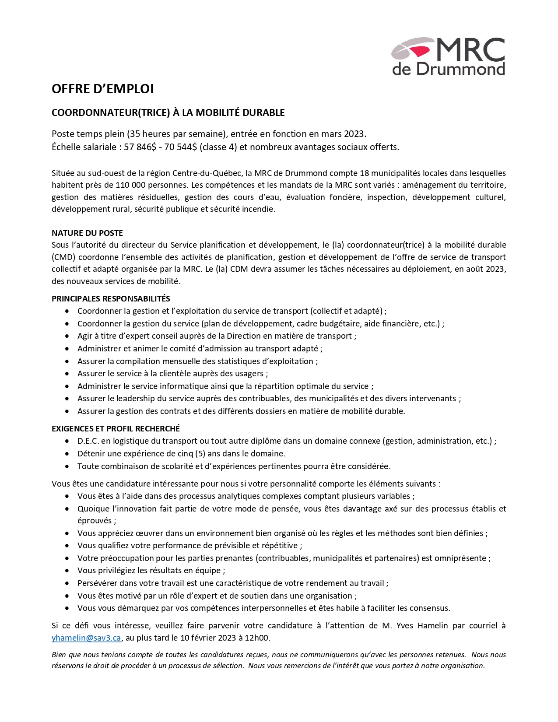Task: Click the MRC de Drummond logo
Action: point(448,56)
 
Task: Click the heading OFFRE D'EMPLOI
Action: point(103,89)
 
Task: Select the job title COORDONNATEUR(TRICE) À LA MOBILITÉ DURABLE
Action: point(168,113)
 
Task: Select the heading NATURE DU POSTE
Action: point(87,233)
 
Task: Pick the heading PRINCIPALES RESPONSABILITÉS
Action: point(111,299)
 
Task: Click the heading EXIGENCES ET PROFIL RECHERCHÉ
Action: point(116,429)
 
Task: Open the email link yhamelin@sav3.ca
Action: point(86,638)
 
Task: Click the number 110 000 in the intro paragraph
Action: point(132,185)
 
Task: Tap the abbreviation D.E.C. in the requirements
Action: point(88,441)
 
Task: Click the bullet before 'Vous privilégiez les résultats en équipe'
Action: point(67,571)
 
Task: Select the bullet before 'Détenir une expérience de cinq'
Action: point(67,454)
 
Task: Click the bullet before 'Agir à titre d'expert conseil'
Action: point(67,336)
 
